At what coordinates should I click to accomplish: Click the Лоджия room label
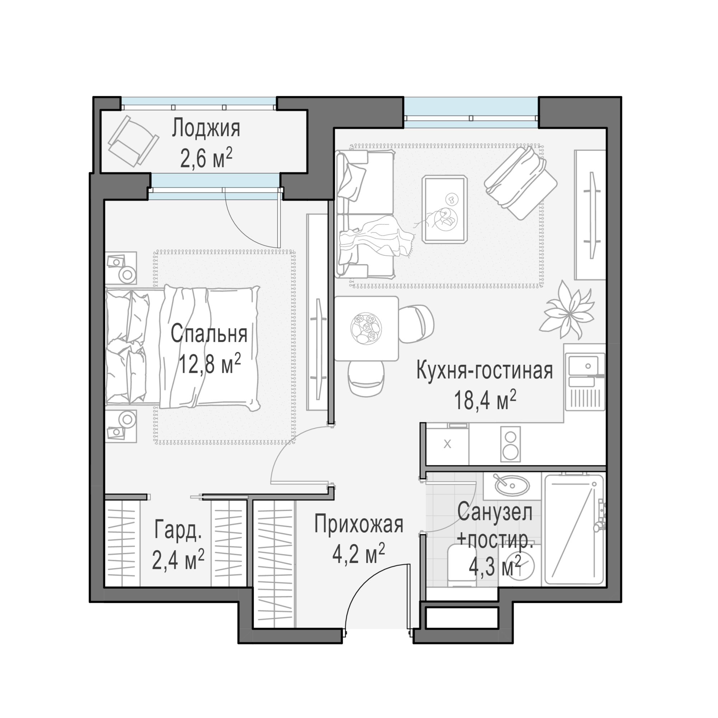pyautogui.click(x=206, y=129)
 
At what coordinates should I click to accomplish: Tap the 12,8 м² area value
pyautogui.click(x=210, y=363)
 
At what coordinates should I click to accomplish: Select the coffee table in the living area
pyautogui.click(x=445, y=209)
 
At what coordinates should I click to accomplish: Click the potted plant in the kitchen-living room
pyautogui.click(x=567, y=309)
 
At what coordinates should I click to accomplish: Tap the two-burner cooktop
pyautogui.click(x=510, y=444)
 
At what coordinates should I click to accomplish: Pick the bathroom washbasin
pyautogui.click(x=512, y=485)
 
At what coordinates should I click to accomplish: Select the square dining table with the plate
pyautogui.click(x=367, y=328)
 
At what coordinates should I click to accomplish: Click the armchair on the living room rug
pyautogui.click(x=520, y=182)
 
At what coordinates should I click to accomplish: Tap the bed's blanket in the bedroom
pyautogui.click(x=210, y=348)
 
